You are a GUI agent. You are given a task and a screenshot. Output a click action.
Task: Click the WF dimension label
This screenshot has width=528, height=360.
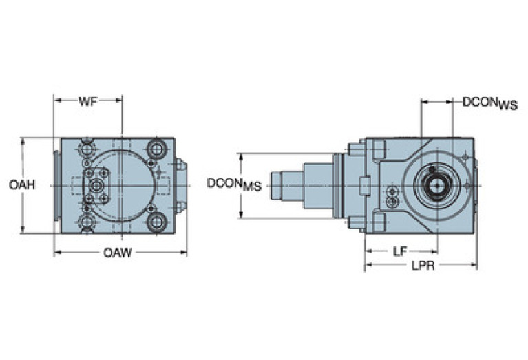(87, 101)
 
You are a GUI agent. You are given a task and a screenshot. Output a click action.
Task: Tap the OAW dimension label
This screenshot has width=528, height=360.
(118, 253)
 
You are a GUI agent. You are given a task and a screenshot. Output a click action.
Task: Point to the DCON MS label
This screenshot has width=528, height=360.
(235, 184)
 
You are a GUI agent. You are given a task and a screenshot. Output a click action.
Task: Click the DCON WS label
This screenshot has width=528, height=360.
(489, 103)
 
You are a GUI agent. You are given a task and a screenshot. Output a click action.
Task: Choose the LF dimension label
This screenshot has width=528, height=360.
(399, 252)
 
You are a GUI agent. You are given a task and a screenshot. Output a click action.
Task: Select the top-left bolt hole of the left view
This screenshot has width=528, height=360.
(87, 149)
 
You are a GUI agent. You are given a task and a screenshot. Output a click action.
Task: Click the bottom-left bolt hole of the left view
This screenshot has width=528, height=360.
(87, 222)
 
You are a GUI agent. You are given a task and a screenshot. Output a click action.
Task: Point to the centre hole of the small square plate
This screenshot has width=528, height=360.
(96, 186)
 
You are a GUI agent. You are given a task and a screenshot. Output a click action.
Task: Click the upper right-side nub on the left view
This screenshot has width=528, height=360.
(180, 165)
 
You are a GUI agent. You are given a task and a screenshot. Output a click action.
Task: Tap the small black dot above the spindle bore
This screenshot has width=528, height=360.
(432, 169)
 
